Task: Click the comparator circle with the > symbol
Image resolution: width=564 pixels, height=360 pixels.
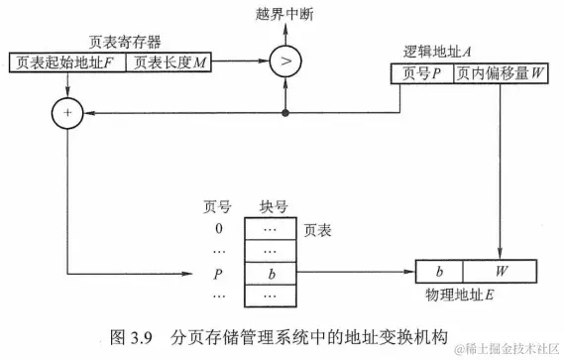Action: click(286, 61)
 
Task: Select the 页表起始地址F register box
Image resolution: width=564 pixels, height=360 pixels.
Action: click(67, 62)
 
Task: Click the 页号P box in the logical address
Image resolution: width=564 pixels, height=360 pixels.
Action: click(420, 73)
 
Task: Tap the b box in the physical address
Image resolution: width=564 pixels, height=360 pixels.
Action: click(437, 271)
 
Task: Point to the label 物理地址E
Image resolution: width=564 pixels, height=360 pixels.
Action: click(459, 295)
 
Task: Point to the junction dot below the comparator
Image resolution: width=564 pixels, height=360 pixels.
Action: click(286, 114)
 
